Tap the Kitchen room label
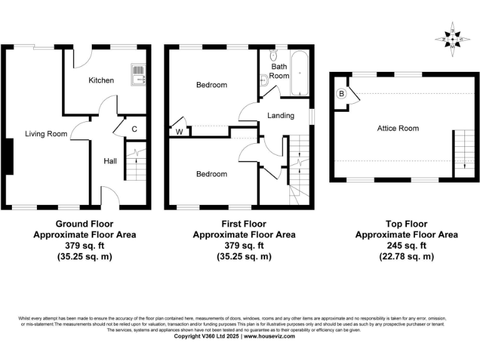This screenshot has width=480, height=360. coord(101,80)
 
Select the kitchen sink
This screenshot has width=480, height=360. coord(137,74)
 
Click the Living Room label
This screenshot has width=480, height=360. coord(46,133)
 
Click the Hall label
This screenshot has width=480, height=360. coord(110,161)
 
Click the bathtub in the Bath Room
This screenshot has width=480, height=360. coord(301,72)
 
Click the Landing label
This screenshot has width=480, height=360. coord(280,116)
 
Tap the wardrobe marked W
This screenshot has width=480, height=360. coord(179,131)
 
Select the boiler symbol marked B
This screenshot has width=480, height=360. coord(341,94)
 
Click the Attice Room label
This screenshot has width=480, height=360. coord(397,128)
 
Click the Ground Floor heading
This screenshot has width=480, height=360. coord(84,224)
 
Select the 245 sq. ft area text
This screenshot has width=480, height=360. coord(406,246)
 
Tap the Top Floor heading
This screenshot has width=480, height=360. coord(406,224)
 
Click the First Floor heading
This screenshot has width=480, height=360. coord(244,224)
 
